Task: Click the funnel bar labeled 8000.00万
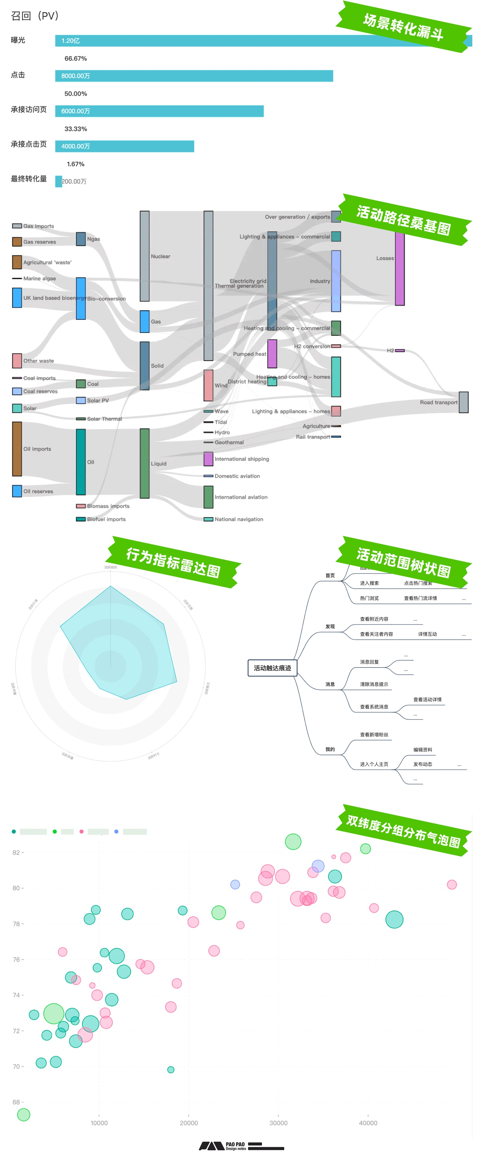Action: point(194,76)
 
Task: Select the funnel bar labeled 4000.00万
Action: point(124,146)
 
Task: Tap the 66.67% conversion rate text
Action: point(76,59)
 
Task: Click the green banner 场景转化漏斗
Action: point(403,27)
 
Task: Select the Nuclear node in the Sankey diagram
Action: point(145,256)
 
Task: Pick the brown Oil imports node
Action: point(17,449)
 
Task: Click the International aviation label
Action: point(241,497)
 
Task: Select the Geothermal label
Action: point(229,443)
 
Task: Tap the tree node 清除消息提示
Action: point(374,684)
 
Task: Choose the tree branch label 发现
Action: point(330,626)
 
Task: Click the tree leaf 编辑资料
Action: point(422,749)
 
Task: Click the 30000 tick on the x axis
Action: point(279,1123)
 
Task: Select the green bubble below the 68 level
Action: point(24,1115)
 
